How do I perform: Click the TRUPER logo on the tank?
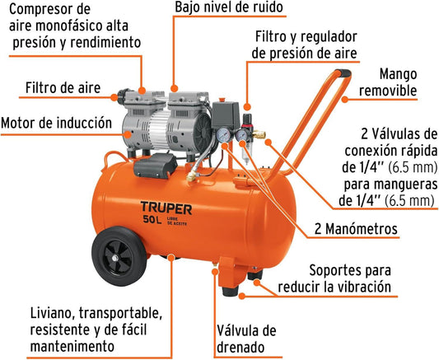(x=166, y=208)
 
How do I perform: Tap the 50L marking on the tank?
(x=152, y=219)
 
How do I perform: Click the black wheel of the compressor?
(x=119, y=256)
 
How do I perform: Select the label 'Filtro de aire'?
(x=63, y=87)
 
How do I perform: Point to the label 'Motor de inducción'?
(x=56, y=123)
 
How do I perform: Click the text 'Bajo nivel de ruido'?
(x=229, y=7)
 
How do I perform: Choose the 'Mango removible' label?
(x=388, y=82)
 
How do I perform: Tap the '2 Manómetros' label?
(x=356, y=229)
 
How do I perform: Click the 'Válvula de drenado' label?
(x=246, y=339)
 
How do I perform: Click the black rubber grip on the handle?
(x=343, y=73)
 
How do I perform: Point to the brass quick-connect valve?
(x=259, y=135)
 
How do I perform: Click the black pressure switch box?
(x=226, y=115)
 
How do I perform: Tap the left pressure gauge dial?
(x=223, y=134)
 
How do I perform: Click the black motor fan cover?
(x=203, y=133)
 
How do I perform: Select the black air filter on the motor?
(x=123, y=96)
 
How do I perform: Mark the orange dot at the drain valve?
(x=215, y=271)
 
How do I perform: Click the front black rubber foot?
(x=230, y=291)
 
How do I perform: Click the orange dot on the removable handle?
(x=344, y=99)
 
